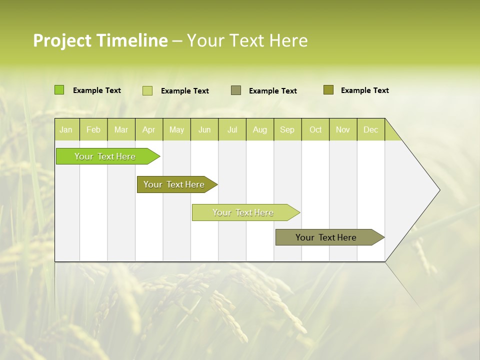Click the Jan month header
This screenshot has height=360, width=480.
click(x=66, y=129)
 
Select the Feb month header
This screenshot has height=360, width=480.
click(x=93, y=129)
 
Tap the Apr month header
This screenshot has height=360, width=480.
click(x=148, y=129)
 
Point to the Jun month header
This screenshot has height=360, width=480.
click(x=204, y=129)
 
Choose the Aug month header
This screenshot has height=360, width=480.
click(x=259, y=129)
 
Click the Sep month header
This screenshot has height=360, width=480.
click(x=287, y=129)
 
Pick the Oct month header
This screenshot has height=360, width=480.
click(x=315, y=129)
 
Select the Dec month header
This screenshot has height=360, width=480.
click(x=370, y=129)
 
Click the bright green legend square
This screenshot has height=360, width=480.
click(x=59, y=90)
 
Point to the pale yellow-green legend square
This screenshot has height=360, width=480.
click(x=147, y=90)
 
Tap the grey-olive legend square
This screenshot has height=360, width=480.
click(x=236, y=90)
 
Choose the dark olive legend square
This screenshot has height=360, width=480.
click(x=328, y=90)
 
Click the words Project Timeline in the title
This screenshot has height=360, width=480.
click(x=100, y=40)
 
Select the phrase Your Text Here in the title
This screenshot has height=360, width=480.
click(x=247, y=40)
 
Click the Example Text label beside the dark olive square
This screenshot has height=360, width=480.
click(x=364, y=90)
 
